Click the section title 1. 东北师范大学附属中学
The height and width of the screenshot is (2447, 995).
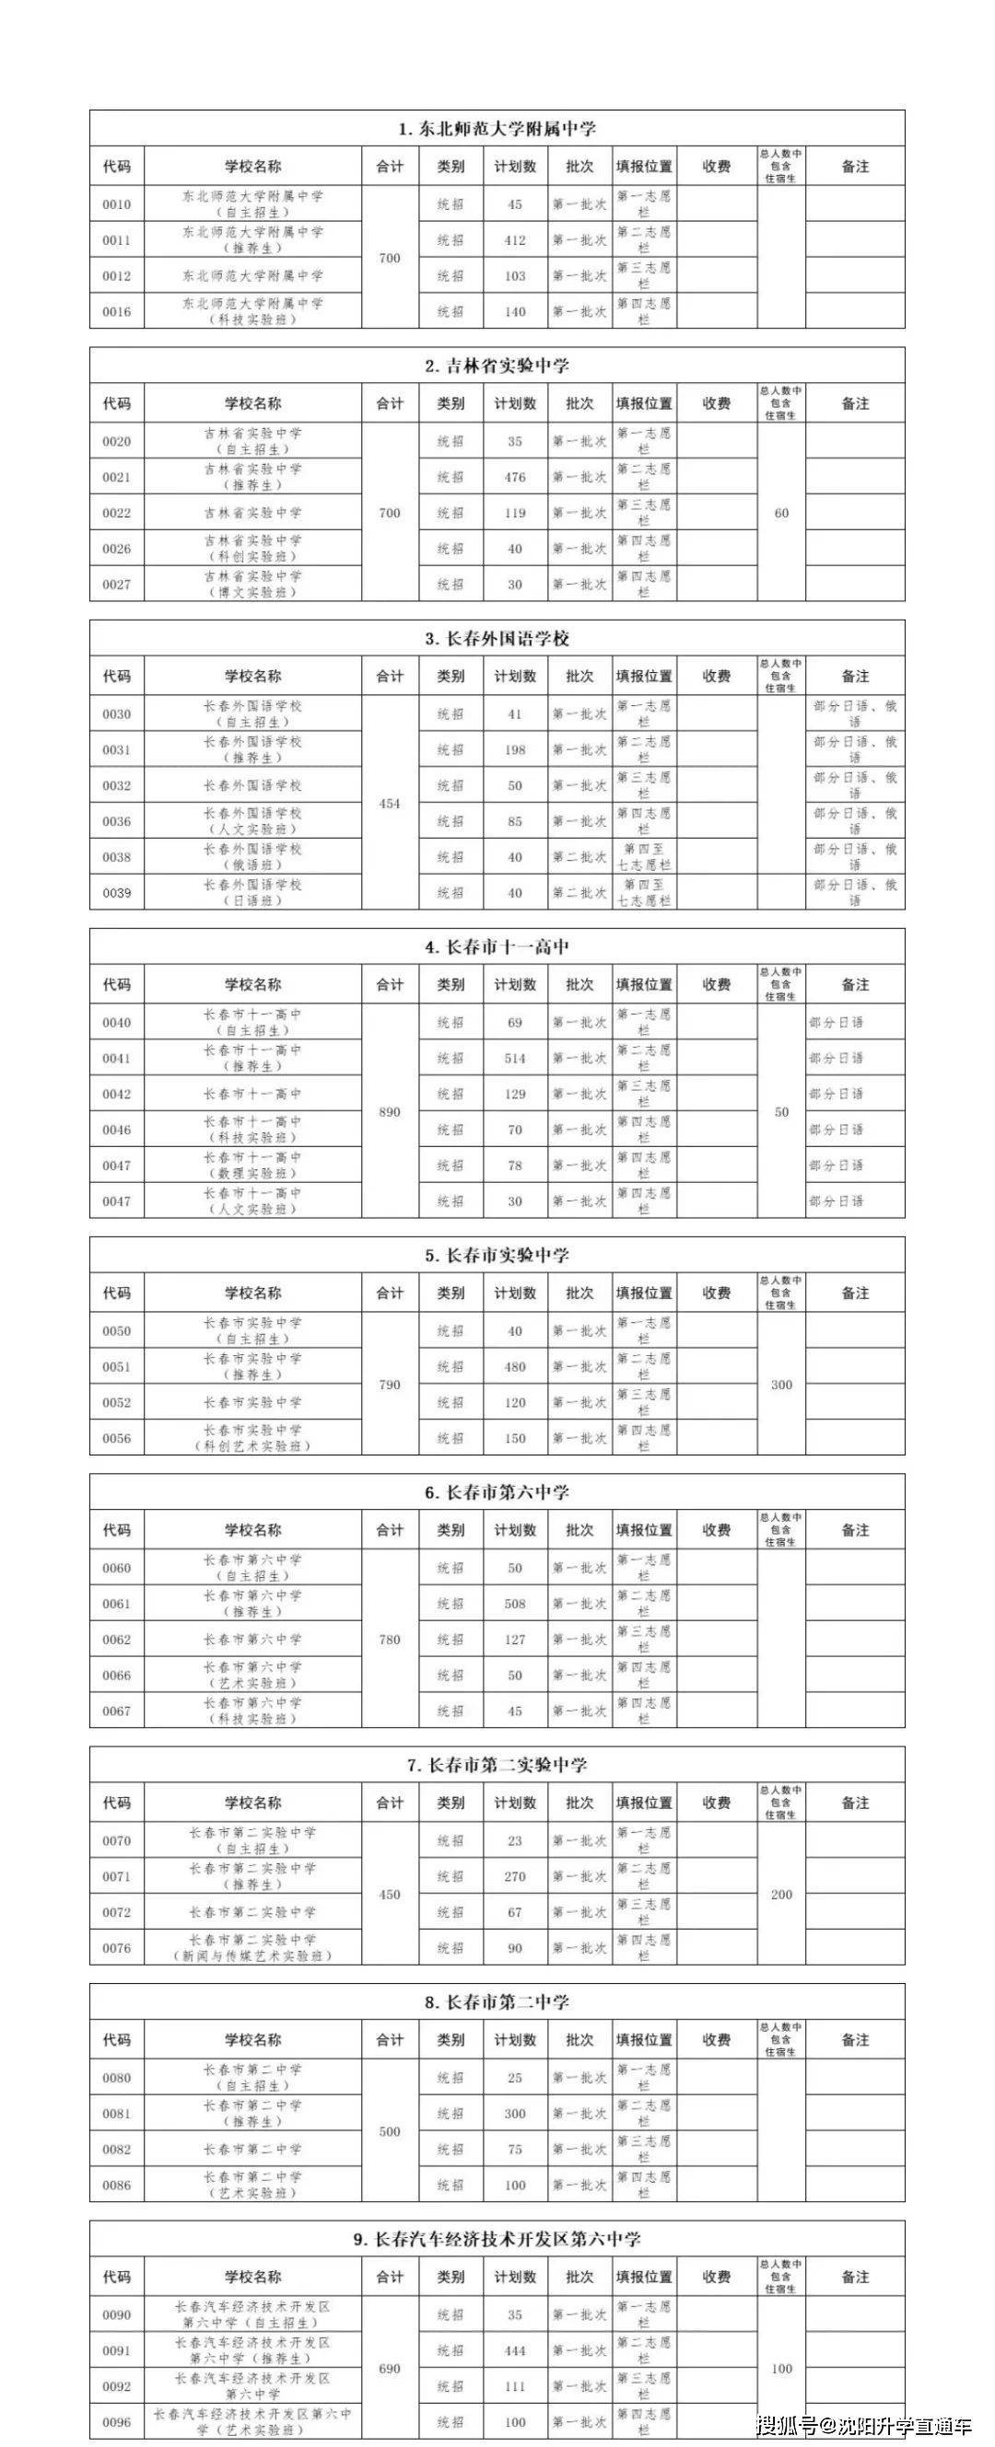tap(497, 129)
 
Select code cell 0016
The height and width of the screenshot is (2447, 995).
tap(117, 311)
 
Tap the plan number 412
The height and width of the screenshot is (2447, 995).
tap(515, 240)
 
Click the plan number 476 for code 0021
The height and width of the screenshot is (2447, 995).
tap(515, 477)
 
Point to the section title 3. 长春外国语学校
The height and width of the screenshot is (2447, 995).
tap(497, 638)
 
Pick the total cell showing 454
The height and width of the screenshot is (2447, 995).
tap(390, 804)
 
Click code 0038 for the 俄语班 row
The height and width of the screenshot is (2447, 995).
tap(117, 857)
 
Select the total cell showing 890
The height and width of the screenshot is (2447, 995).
tap(390, 1111)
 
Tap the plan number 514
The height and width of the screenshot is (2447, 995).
tap(515, 1058)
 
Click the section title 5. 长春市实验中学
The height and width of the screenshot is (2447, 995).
tap(497, 1256)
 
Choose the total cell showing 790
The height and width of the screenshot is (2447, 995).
tap(390, 1385)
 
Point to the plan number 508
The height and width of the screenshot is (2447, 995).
tap(515, 1604)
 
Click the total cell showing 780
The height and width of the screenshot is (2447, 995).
tap(390, 1640)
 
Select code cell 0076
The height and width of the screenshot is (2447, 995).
tap(117, 1948)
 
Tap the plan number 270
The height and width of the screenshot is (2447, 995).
tap(515, 1877)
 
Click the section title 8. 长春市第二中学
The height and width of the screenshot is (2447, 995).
tap(497, 2002)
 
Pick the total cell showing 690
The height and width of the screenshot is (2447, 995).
tap(390, 2369)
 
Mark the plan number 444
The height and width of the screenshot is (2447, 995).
tap(515, 2351)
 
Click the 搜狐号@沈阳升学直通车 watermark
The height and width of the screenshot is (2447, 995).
tap(864, 2425)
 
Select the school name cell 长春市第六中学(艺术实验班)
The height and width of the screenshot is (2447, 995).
tap(252, 1675)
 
